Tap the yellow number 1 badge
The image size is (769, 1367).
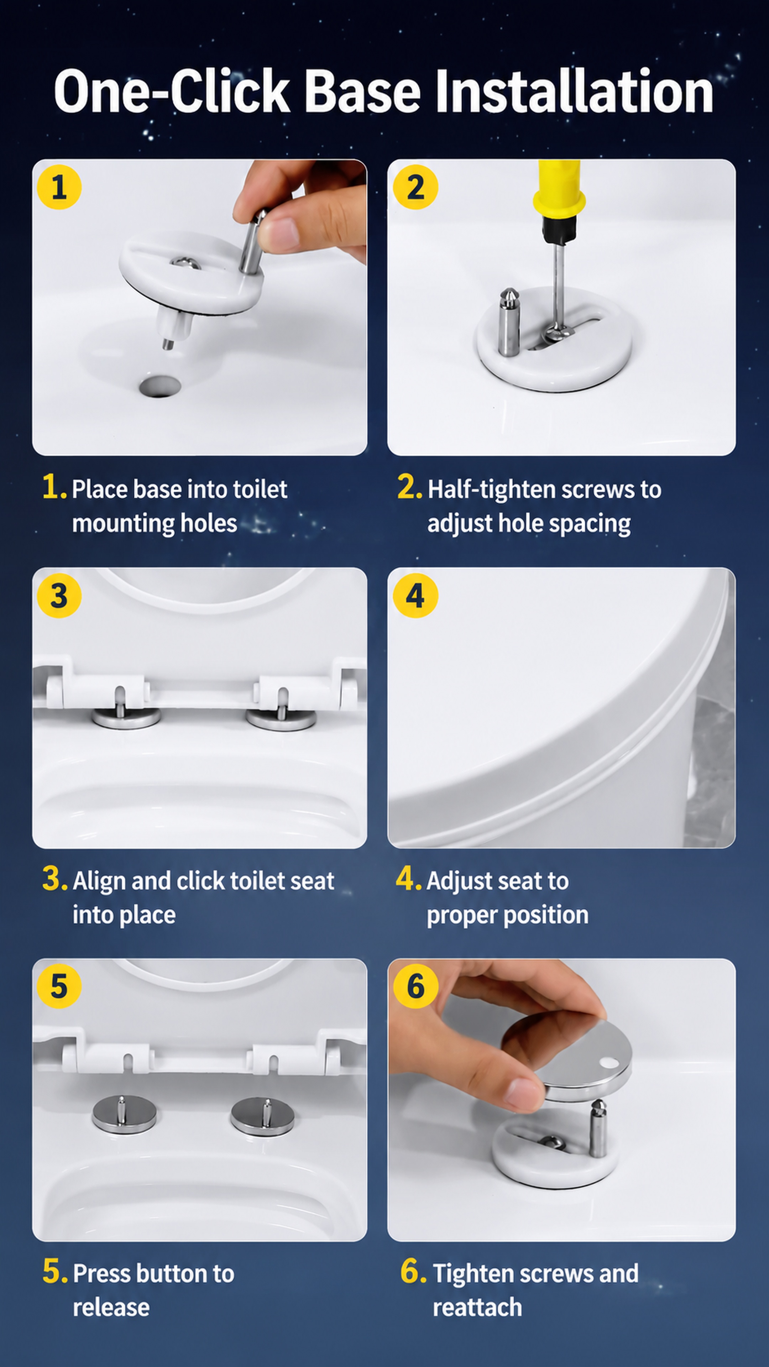pyautogui.click(x=59, y=187)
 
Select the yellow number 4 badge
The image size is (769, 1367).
pyautogui.click(x=415, y=596)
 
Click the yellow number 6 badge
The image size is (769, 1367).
pyautogui.click(x=415, y=986)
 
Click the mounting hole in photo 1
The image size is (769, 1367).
pyautogui.click(x=160, y=386)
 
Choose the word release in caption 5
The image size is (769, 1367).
pyautogui.click(x=111, y=1308)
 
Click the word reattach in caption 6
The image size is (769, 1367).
pyautogui.click(x=477, y=1308)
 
